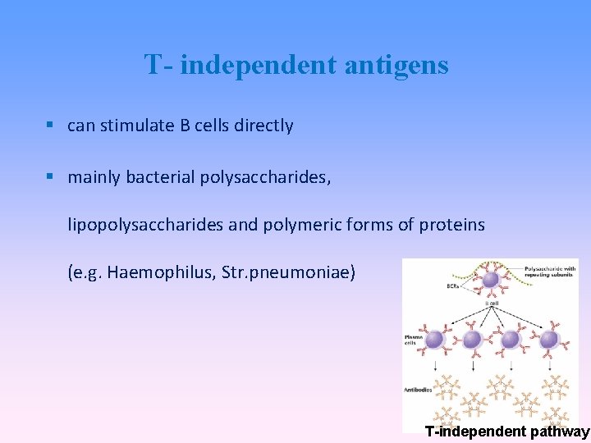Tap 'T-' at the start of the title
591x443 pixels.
158,64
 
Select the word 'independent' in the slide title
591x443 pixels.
259,64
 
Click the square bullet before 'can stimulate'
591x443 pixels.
51,126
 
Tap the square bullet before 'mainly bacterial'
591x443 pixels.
51,176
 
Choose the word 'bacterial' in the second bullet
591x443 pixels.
161,176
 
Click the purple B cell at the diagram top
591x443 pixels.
490,281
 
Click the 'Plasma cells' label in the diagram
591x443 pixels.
413,339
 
